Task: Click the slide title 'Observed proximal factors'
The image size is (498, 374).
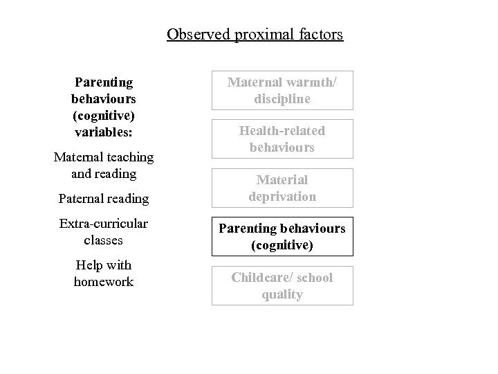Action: [x=255, y=34]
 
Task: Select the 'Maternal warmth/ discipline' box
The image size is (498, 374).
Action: [x=282, y=91]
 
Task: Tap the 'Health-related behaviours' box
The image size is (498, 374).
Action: [x=282, y=139]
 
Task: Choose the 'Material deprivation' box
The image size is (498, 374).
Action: [x=282, y=188]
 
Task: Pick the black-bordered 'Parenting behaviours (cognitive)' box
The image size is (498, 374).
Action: [x=282, y=237]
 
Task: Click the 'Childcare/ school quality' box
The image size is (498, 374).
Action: [x=282, y=286]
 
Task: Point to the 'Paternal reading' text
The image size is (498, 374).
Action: [x=104, y=199]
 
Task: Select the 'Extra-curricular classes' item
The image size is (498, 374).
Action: [x=104, y=232]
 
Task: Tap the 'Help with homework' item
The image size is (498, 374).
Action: [x=104, y=274]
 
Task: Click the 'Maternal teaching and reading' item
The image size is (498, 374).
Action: [x=104, y=166]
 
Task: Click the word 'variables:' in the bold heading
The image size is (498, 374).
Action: [x=104, y=132]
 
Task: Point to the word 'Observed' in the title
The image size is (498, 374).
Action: [x=199, y=34]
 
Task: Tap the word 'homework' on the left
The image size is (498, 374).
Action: [x=104, y=282]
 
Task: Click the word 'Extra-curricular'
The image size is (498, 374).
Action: [x=104, y=224]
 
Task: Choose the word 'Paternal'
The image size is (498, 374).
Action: [x=82, y=199]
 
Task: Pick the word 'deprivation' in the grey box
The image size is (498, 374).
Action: [x=282, y=197]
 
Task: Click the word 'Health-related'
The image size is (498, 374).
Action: [x=282, y=131]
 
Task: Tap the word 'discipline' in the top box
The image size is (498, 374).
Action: [x=282, y=99]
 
